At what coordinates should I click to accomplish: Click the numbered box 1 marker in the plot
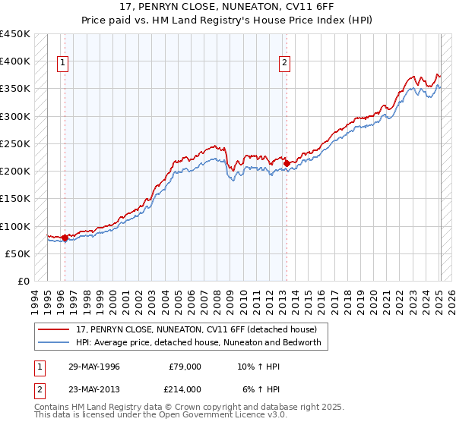(62, 64)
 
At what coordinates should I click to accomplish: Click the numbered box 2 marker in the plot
(284, 64)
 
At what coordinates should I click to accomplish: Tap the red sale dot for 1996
(65, 238)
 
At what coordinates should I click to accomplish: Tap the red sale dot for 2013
(287, 163)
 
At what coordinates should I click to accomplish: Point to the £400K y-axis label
(14, 61)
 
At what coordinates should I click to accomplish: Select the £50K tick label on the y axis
(17, 253)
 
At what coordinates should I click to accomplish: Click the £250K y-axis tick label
(14, 143)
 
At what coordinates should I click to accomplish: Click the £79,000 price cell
(185, 367)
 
